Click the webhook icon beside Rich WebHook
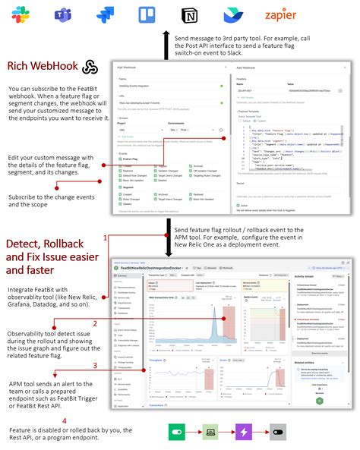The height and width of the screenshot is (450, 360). click(x=90, y=67)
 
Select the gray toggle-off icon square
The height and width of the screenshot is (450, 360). click(x=277, y=431)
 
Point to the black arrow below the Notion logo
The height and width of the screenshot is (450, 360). click(x=166, y=46)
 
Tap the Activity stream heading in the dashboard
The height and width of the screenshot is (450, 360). click(x=305, y=277)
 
